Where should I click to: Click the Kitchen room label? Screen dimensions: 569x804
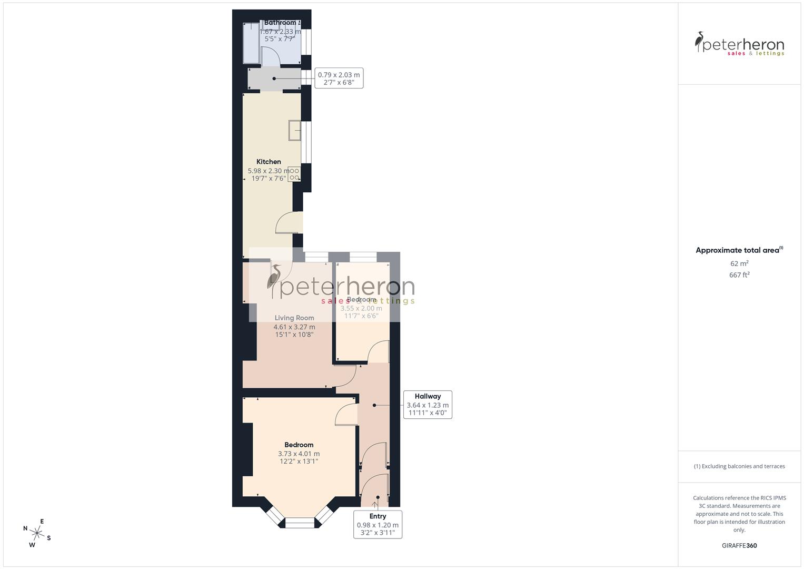[x=269, y=162]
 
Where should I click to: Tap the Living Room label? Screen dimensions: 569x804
[x=294, y=318]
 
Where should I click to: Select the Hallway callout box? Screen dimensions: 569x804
[x=428, y=405]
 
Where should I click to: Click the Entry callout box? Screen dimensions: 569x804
[x=378, y=524]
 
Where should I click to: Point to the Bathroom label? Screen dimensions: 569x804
[x=280, y=23]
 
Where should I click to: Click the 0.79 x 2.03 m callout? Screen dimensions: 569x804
[x=339, y=79]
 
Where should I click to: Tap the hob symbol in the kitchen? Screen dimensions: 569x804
[x=294, y=174]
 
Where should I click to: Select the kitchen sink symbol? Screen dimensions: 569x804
[x=294, y=131]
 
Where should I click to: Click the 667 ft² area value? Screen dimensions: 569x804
[x=739, y=275]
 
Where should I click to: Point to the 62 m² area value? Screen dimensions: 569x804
[x=739, y=263]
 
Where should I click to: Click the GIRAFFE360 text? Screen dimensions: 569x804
[x=739, y=546]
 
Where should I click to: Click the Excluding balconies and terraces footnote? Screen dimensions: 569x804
[x=739, y=466]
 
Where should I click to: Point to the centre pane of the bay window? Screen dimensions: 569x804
[x=299, y=523]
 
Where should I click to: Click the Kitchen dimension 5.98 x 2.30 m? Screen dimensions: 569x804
[x=269, y=171]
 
